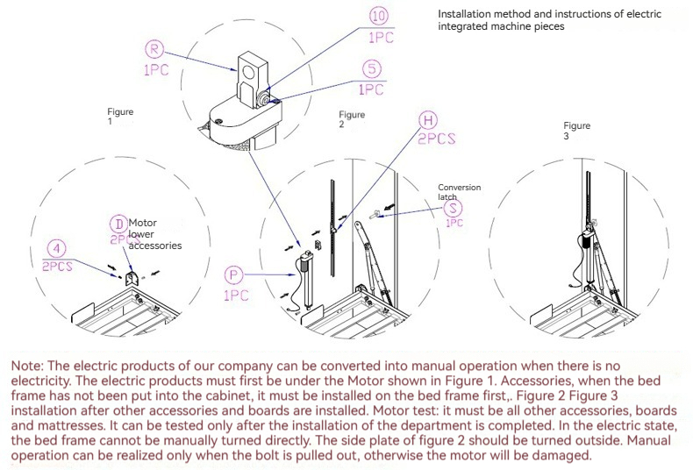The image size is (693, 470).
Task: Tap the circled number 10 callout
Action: click(378, 16)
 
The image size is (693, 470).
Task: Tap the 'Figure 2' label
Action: click(352, 119)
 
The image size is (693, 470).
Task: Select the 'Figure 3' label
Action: click(576, 131)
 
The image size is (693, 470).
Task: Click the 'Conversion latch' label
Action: click(460, 191)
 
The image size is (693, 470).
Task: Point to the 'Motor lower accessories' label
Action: click(155, 234)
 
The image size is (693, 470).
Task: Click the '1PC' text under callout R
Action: click(156, 70)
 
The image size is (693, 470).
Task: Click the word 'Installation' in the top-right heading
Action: click(464, 15)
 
